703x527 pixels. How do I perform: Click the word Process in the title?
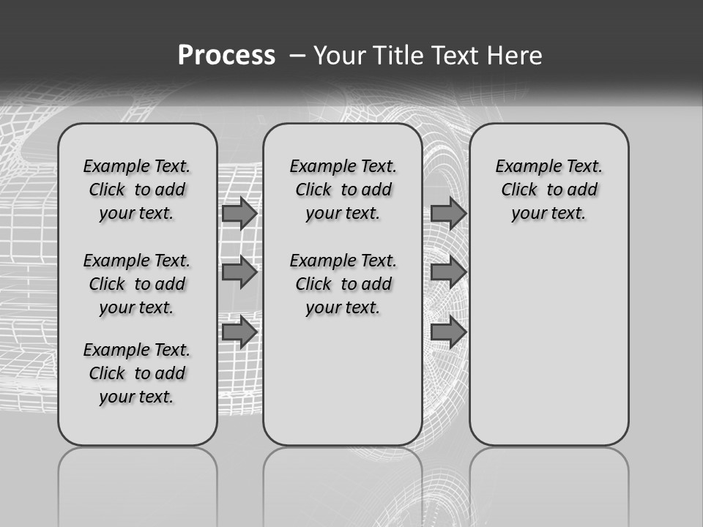(x=226, y=55)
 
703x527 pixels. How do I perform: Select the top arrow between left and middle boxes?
(x=239, y=214)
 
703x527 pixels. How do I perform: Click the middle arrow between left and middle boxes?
(x=239, y=272)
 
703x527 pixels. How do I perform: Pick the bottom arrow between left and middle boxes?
(x=239, y=332)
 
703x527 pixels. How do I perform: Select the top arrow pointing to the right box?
(x=448, y=214)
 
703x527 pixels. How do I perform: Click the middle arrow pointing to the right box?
(x=448, y=272)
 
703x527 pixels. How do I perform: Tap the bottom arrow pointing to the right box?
(x=448, y=332)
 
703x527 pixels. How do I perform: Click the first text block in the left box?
(x=137, y=190)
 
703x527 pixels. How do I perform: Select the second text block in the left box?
(x=137, y=284)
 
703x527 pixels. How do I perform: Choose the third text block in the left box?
(x=137, y=373)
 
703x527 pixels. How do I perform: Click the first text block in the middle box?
(x=343, y=190)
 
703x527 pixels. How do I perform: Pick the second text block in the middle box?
(x=343, y=284)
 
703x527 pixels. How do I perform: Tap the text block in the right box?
(x=548, y=190)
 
